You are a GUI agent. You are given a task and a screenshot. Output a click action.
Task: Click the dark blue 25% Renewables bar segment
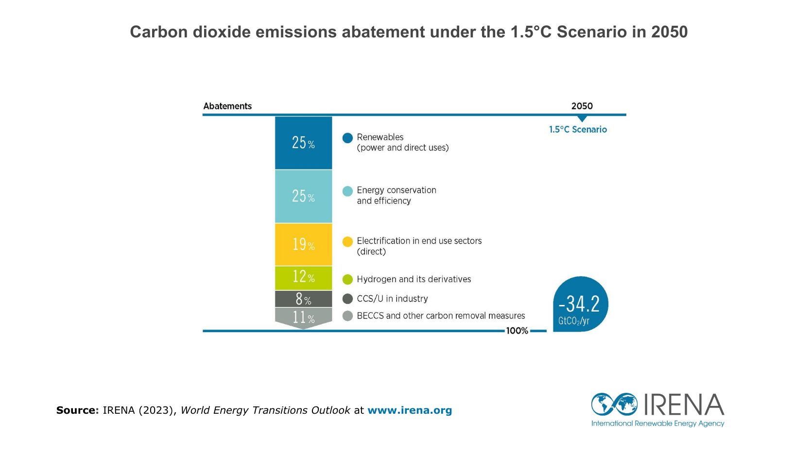(x=303, y=143)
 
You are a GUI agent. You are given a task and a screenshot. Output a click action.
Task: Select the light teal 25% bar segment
(x=303, y=196)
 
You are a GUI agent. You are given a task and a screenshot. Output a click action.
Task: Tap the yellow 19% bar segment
(x=303, y=245)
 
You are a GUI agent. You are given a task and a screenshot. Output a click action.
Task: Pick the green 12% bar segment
(x=303, y=278)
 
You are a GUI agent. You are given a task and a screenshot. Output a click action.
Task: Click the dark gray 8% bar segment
(x=303, y=299)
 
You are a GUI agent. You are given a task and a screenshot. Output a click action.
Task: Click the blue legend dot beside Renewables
(x=347, y=138)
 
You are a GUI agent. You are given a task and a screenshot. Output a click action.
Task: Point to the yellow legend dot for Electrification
(x=347, y=242)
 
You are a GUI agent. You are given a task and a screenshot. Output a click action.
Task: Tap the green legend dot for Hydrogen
(x=347, y=279)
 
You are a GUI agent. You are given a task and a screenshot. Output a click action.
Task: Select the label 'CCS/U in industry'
(x=392, y=299)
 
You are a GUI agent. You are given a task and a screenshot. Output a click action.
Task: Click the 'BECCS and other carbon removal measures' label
(x=441, y=316)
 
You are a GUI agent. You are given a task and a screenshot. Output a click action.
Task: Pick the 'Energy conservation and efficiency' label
(x=396, y=196)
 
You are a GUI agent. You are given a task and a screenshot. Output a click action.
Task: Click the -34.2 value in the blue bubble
(x=579, y=303)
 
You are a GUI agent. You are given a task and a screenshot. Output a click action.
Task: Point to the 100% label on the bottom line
(x=517, y=331)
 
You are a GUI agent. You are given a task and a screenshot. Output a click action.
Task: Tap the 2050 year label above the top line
(x=582, y=106)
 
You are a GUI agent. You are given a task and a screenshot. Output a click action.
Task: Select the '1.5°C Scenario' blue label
(x=578, y=129)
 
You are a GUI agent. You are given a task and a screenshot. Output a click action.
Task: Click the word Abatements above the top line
(x=227, y=106)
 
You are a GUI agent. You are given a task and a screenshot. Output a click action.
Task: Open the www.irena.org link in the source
(x=410, y=410)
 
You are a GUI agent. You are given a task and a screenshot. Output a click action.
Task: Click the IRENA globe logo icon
(x=614, y=404)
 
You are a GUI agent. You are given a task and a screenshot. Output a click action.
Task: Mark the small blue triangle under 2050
(x=582, y=118)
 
